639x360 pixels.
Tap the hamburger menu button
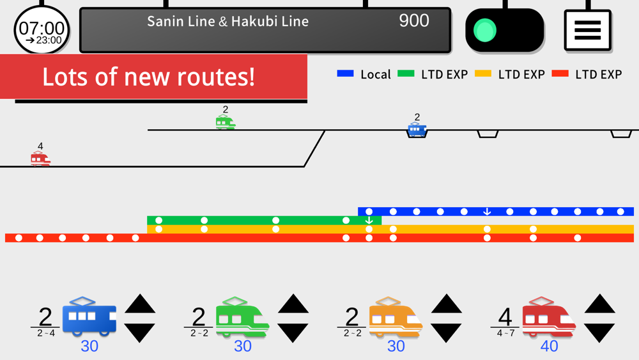click(588, 30)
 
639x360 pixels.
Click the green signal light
click(485, 30)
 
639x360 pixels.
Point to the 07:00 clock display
click(42, 30)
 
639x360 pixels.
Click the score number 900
click(413, 20)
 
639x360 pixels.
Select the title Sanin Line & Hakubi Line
click(228, 21)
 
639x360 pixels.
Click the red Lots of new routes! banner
click(153, 77)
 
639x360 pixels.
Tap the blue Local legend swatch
click(345, 74)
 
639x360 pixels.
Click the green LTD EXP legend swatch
click(406, 74)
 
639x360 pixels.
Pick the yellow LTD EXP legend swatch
click(483, 74)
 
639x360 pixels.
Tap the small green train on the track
click(226, 122)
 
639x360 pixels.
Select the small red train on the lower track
click(40, 158)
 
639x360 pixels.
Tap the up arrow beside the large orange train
click(446, 304)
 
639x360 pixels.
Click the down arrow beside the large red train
click(599, 333)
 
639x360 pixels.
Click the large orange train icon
click(396, 317)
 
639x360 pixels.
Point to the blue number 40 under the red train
click(549, 346)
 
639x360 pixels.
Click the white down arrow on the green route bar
click(369, 221)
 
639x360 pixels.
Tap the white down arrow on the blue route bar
click(486, 212)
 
